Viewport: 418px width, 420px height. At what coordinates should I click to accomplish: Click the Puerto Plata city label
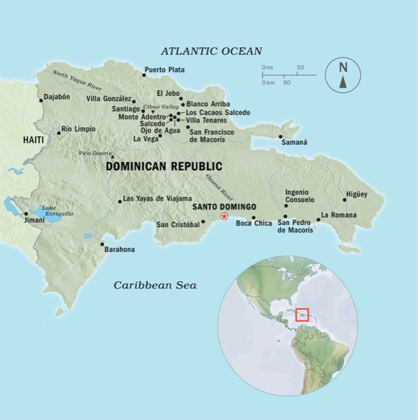click(164, 70)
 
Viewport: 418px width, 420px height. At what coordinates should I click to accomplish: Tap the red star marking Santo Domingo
click(224, 217)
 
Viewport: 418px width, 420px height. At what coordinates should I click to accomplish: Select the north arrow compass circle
click(342, 75)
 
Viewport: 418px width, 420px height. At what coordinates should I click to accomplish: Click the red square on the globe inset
click(302, 315)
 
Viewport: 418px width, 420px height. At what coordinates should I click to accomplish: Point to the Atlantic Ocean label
click(211, 51)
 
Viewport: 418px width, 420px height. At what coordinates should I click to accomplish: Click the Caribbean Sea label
click(156, 285)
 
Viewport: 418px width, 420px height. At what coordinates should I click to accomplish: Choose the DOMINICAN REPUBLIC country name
click(164, 166)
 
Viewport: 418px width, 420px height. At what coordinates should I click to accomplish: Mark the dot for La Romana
click(318, 220)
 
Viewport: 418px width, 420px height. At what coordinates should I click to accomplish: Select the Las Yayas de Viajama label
click(157, 199)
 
